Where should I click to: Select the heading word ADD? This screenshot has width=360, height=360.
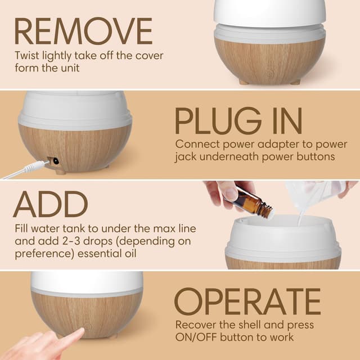click(x=51, y=205)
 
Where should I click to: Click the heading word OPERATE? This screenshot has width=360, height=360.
click(x=247, y=302)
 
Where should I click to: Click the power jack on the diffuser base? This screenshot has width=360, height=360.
click(x=55, y=161)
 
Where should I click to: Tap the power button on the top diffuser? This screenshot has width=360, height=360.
click(x=270, y=74)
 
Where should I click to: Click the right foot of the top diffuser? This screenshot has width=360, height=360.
click(x=295, y=82)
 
